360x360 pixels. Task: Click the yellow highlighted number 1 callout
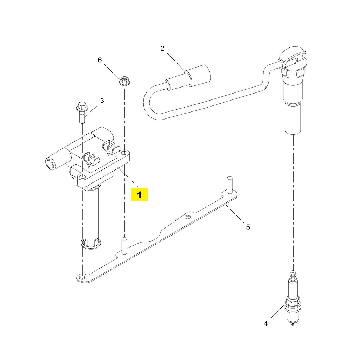[x=139, y=195]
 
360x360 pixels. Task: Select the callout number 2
[x=162, y=49]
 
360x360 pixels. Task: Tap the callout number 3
[x=102, y=101]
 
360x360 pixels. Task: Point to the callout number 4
[x=266, y=323]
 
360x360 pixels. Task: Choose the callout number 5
[x=248, y=227]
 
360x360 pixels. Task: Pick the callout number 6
[x=99, y=60]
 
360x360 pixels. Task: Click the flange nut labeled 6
[x=124, y=81]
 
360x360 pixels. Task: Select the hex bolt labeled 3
[x=82, y=112]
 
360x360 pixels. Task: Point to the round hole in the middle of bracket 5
[x=188, y=217]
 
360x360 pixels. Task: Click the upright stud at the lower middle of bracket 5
[x=124, y=246]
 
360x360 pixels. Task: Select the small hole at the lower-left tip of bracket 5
[x=82, y=278]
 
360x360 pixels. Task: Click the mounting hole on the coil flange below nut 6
[x=124, y=153]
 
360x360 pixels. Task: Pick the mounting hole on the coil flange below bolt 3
[x=82, y=176]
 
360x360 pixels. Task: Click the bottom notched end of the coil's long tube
[x=91, y=244]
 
